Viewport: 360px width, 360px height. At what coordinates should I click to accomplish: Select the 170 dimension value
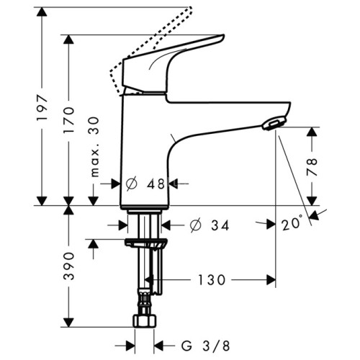tap(68, 120)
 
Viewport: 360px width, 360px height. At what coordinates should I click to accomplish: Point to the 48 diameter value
tap(156, 184)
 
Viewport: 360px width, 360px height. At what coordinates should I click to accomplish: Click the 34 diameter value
tap(220, 226)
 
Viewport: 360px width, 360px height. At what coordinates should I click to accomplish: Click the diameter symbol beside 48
tap(132, 184)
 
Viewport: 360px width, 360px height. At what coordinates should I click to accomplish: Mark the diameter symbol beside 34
tap(195, 226)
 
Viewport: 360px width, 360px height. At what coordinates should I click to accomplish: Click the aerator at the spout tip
tap(272, 125)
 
